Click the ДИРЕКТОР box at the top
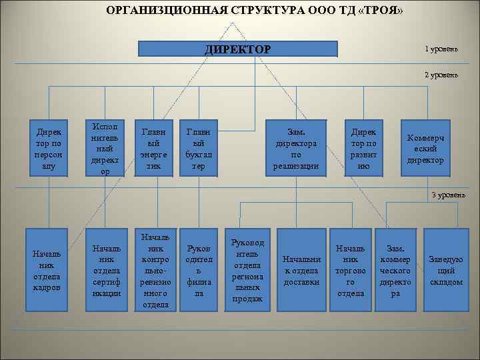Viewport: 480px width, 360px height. coord(237,49)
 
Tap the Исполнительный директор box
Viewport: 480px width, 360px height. coord(104,148)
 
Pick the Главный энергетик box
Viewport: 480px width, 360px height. coord(154,148)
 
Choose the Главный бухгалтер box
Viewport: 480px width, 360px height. coord(199,148)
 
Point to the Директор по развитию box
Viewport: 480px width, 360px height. coord(363,148)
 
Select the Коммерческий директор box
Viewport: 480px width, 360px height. coord(425,148)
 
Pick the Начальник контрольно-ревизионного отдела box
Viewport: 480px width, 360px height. coord(155,271)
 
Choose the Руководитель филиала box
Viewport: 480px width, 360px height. coord(199,271)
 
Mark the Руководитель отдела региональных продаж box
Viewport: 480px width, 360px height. coord(247,271)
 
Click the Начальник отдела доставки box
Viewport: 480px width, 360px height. coord(301,271)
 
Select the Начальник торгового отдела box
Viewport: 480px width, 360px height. coord(351,271)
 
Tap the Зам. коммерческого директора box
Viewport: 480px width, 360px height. coord(395,271)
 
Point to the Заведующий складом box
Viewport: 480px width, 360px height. coord(446,271)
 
